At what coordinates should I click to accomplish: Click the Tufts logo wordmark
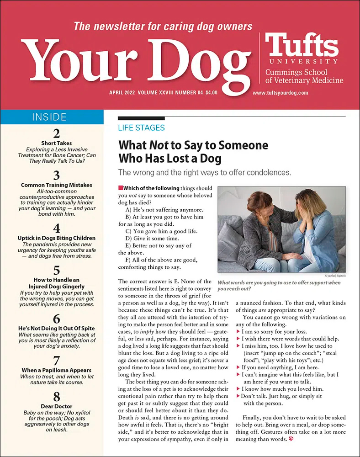coord(302,45)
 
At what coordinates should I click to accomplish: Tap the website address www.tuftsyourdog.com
coord(280,93)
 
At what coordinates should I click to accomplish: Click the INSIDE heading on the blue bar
coord(52,117)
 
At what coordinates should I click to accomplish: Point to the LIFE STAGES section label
coord(141,128)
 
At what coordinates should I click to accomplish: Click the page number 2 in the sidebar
coord(56,134)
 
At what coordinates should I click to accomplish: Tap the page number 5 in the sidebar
coord(56,270)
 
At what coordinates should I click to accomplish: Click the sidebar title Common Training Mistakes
coord(56,185)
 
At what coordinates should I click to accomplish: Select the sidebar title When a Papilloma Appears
coord(56,370)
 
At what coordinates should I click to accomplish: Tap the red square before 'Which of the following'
coord(120,188)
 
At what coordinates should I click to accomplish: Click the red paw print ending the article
coord(291,439)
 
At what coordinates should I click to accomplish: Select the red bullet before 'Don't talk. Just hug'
coord(238,396)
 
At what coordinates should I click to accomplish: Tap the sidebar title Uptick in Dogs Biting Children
coord(56,238)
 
